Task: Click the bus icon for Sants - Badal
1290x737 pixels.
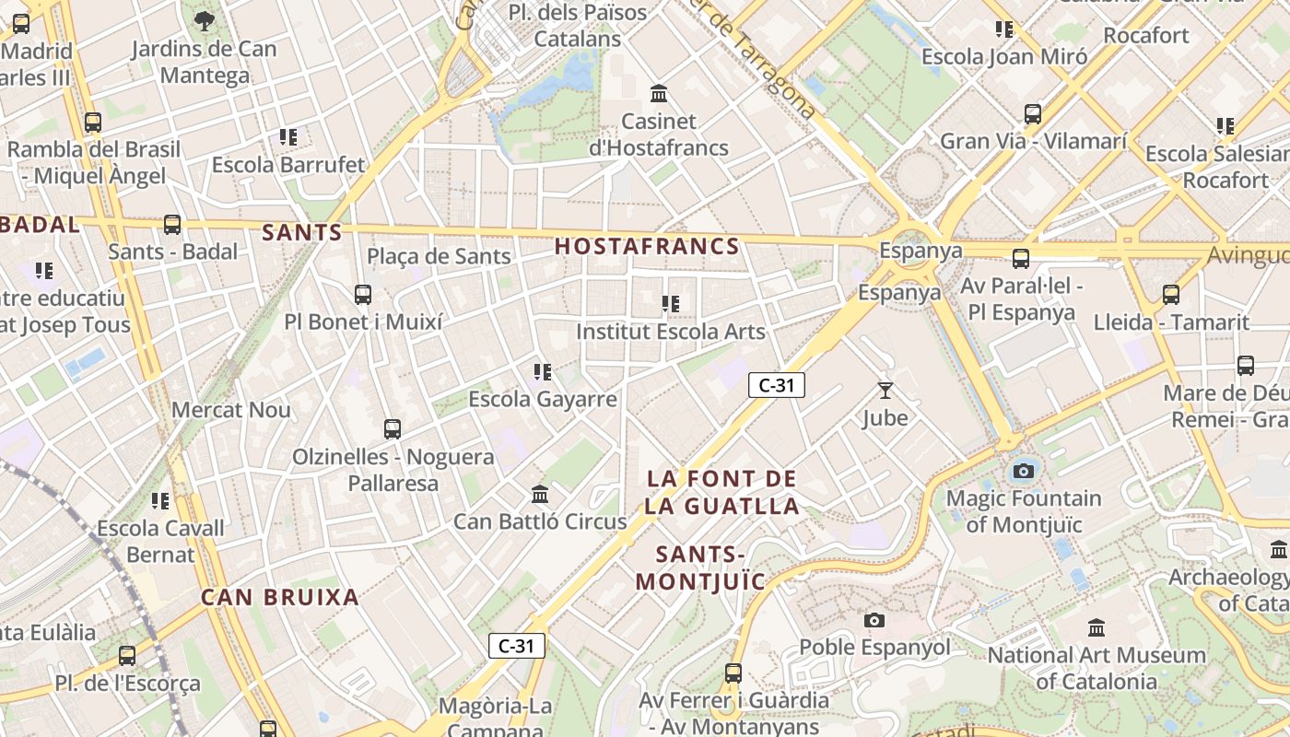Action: (172, 225)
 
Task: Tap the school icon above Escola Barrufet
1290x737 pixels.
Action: (288, 137)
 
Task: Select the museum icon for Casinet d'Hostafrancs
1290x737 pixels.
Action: (659, 94)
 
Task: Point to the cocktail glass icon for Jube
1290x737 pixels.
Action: (885, 391)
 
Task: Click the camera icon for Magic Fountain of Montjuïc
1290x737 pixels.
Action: (1023, 472)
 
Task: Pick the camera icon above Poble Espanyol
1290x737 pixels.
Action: (874, 620)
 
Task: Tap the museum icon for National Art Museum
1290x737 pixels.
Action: (1096, 628)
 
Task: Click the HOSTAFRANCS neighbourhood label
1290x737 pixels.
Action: (647, 246)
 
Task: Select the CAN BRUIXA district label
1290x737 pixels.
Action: (280, 597)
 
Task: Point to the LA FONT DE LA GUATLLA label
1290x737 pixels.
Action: (721, 492)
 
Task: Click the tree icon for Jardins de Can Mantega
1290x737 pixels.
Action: (205, 20)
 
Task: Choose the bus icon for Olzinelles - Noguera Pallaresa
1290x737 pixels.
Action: (393, 428)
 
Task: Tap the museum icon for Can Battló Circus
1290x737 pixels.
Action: (540, 495)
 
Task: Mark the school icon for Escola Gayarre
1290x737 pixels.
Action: (543, 372)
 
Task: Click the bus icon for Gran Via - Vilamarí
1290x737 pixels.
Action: (1033, 114)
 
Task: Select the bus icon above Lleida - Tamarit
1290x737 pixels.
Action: (1171, 295)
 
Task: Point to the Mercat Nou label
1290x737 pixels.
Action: (231, 410)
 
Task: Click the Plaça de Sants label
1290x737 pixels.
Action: (439, 256)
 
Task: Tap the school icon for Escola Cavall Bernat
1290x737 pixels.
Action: (161, 501)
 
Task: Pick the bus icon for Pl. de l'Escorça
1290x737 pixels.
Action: (127, 656)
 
